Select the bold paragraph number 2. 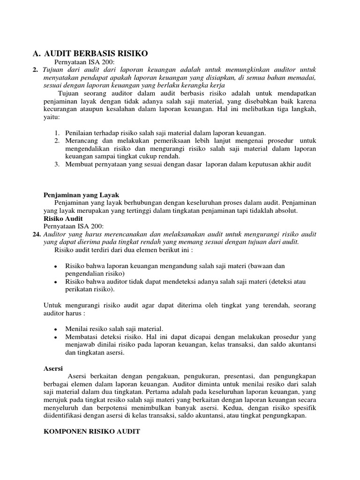click(36, 69)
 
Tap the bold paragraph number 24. click(37, 234)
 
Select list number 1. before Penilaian click(56, 133)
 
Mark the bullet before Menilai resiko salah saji click(56, 330)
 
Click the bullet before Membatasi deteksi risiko click(56, 337)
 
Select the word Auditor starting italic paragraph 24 click(55, 234)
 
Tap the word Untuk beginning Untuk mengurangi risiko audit click(52, 305)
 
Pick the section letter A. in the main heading click(37, 54)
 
